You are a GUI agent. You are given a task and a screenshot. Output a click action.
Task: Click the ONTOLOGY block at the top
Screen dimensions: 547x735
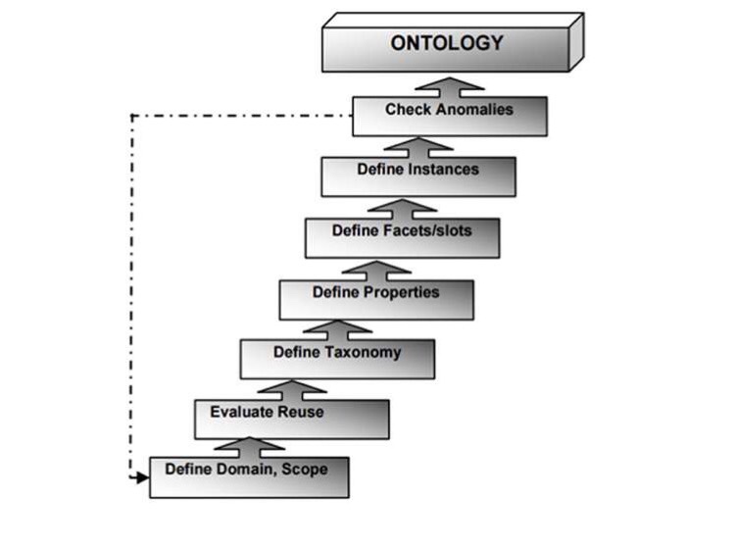447,44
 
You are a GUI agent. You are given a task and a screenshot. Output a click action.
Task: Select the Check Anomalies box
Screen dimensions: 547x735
449,116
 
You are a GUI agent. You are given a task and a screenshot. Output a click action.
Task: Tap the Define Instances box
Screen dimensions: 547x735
417,175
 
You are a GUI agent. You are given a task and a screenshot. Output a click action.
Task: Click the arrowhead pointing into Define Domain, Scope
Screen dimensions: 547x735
142,478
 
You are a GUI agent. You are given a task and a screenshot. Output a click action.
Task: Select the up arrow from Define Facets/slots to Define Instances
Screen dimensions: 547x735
401,208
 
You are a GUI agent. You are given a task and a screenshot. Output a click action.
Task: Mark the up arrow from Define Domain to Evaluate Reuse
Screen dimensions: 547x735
250,447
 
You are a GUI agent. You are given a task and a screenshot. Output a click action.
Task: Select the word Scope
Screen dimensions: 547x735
306,469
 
